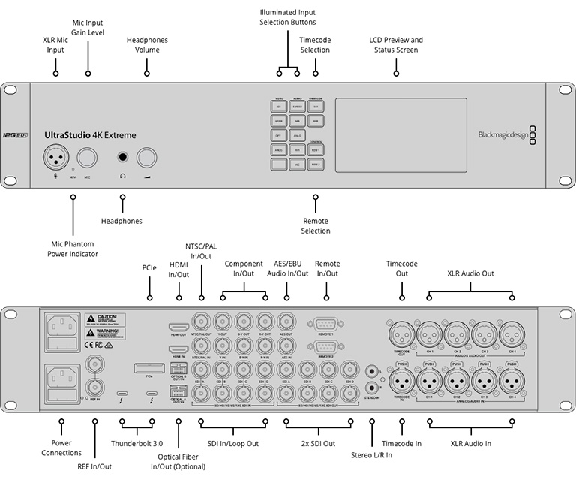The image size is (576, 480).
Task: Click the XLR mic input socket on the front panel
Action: click(x=55, y=157)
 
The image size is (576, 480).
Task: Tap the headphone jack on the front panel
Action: click(x=121, y=157)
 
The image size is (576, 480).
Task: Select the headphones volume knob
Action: click(x=146, y=157)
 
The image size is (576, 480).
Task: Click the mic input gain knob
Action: click(x=88, y=157)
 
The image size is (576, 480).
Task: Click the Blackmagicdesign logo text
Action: click(x=501, y=136)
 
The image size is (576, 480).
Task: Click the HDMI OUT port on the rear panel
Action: click(x=178, y=328)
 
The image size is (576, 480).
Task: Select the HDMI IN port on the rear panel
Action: click(x=178, y=350)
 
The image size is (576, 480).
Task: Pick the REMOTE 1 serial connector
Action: click(x=327, y=324)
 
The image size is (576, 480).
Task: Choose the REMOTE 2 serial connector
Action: click(x=327, y=346)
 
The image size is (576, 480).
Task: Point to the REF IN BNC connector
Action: click(x=95, y=387)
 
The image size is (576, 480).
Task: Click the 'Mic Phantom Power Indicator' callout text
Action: click(x=73, y=249)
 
